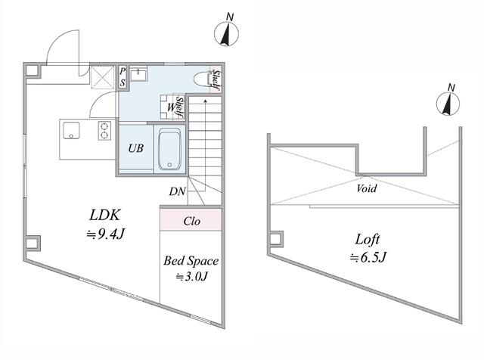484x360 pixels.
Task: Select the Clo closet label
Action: coord(191,222)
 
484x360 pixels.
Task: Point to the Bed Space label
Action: coord(191,261)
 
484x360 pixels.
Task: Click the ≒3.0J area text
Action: coord(191,277)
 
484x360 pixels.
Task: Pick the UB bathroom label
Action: coord(135,149)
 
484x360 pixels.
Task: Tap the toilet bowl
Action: coord(201,78)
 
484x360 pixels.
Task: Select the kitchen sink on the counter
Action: coord(70,131)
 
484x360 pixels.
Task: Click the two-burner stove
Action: coord(104,130)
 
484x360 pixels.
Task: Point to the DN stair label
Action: coord(178,192)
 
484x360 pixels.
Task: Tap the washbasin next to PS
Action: coord(139,75)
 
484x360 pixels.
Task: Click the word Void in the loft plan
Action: coord(367,188)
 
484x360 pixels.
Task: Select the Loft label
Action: coord(369,241)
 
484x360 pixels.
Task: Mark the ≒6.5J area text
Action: coord(369,258)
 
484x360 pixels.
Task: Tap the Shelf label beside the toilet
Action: coord(216,79)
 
